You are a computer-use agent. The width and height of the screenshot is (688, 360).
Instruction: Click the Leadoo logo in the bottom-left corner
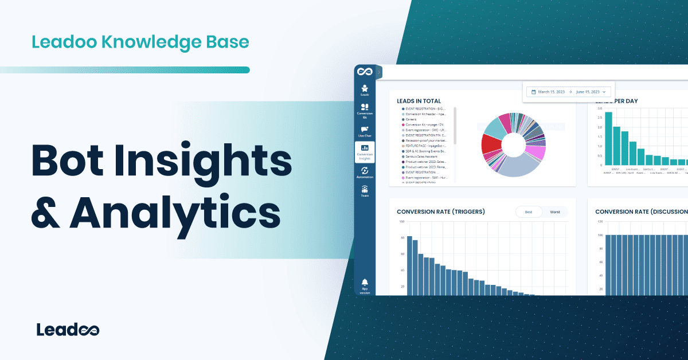pos(68,330)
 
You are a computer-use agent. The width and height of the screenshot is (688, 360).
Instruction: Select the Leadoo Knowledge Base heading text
pos(140,42)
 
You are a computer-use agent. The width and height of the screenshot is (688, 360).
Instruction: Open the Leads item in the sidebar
pos(365,89)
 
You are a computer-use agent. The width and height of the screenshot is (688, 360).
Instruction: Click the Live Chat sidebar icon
pos(365,131)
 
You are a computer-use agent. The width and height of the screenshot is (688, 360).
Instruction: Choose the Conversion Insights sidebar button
pos(365,151)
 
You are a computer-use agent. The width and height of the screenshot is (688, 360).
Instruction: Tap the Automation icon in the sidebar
pos(365,173)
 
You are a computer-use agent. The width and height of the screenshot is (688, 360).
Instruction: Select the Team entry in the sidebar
pos(365,191)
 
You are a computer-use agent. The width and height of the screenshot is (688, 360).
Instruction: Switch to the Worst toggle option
pos(554,212)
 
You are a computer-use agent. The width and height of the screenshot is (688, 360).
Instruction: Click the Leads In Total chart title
pos(419,101)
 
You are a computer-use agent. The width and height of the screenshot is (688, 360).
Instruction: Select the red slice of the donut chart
pos(491,144)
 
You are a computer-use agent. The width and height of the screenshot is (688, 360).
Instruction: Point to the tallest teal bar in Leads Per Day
pos(608,138)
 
